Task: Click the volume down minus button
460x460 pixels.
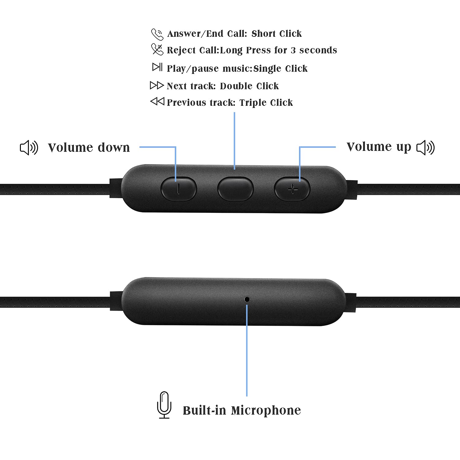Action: click(178, 189)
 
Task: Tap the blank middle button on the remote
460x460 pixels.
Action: click(235, 189)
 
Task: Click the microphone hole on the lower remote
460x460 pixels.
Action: click(247, 299)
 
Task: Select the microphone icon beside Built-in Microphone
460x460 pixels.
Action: click(164, 405)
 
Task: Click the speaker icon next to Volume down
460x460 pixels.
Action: click(29, 148)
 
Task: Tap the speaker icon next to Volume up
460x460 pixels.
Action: click(426, 148)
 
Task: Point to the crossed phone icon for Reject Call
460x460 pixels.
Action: click(157, 49)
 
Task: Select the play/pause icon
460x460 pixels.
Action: click(157, 67)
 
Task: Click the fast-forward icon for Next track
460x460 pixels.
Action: click(157, 85)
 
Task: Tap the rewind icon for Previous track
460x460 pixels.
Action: click(157, 101)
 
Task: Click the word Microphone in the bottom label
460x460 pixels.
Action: click(266, 410)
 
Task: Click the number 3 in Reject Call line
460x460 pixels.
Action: click(293, 50)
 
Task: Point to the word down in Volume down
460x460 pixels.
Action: click(113, 148)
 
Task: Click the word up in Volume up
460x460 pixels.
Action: click(404, 147)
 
